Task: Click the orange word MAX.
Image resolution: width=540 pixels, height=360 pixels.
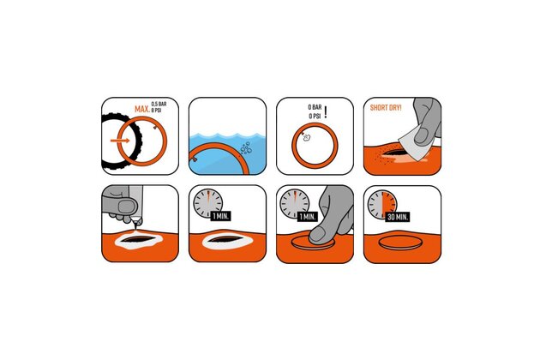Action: pos(142,109)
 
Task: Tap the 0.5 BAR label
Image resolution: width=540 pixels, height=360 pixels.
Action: pos(159,104)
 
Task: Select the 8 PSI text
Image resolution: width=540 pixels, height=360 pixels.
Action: pos(157,110)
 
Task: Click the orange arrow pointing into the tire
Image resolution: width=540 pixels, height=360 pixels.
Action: pos(120,141)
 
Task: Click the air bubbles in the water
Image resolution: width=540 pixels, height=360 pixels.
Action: pos(246,147)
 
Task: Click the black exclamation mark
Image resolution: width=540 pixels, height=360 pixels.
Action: pos(326,112)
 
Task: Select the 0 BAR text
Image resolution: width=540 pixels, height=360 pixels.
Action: pos(315,107)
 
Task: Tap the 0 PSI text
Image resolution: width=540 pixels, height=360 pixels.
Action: pos(315,116)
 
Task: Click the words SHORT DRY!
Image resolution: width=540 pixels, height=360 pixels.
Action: pos(386,108)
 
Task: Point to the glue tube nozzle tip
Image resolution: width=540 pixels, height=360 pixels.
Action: pos(135,226)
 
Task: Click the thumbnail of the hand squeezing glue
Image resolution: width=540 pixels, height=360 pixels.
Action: pos(127,207)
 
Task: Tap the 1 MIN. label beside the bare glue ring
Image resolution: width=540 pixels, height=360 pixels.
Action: pos(221,216)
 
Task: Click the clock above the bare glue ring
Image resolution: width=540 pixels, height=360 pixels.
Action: pos(207,203)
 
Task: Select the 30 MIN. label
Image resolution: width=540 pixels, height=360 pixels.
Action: pos(398,217)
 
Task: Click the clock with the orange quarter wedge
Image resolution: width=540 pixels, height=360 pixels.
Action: pos(382,204)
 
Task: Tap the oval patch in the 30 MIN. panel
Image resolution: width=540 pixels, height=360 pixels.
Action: pos(399,243)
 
